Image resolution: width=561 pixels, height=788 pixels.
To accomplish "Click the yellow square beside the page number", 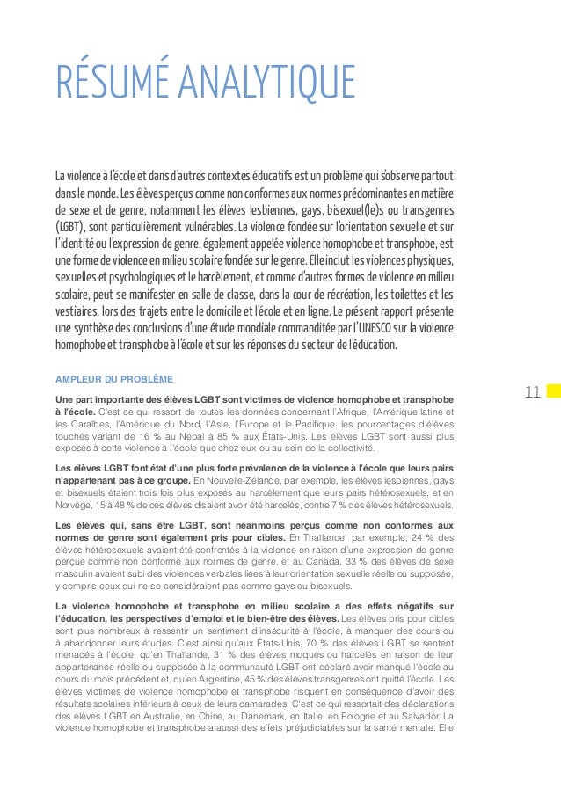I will [x=552, y=390].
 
